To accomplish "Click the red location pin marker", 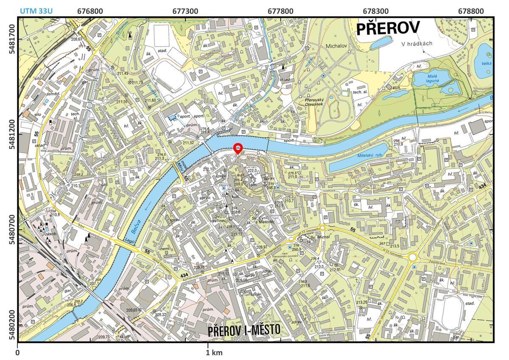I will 238,149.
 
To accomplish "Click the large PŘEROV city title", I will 388,29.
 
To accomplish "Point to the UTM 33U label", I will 36,10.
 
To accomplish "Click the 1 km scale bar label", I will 214,352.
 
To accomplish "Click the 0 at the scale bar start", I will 18,352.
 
